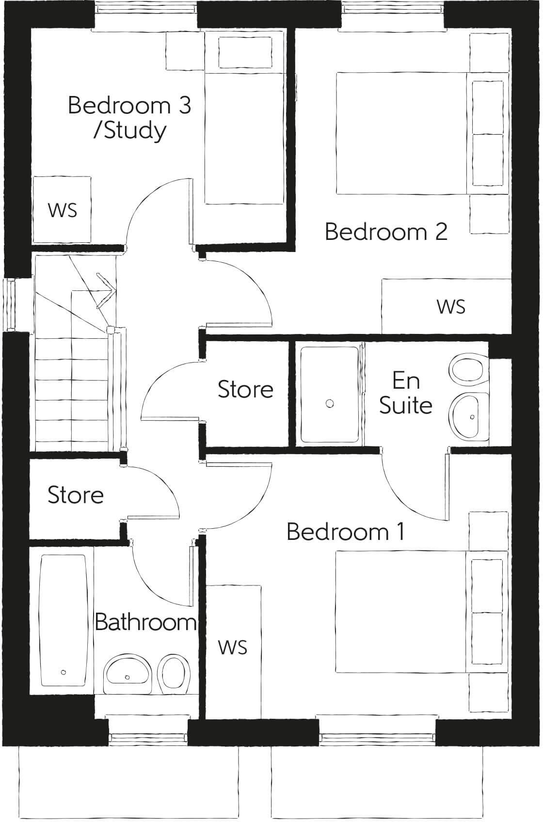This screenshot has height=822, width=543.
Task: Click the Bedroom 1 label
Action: coord(346,532)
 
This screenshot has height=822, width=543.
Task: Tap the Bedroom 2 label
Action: coord(386,232)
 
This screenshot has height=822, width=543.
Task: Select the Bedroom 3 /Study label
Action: coord(129,118)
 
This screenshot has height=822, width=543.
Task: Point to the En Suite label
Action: coord(406,393)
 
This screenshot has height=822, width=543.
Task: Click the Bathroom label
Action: coord(145,622)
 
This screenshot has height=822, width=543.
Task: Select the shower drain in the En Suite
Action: coord(330,403)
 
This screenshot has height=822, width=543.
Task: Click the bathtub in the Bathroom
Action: coord(64,620)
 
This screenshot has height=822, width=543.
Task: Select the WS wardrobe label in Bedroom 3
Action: coord(63,210)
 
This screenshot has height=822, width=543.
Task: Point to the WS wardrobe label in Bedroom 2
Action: coord(451,306)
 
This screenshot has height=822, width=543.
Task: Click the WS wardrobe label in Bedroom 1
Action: coord(233,647)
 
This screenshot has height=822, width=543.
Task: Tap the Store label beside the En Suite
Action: coord(245,389)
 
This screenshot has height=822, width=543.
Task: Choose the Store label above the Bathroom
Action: coord(76,495)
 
